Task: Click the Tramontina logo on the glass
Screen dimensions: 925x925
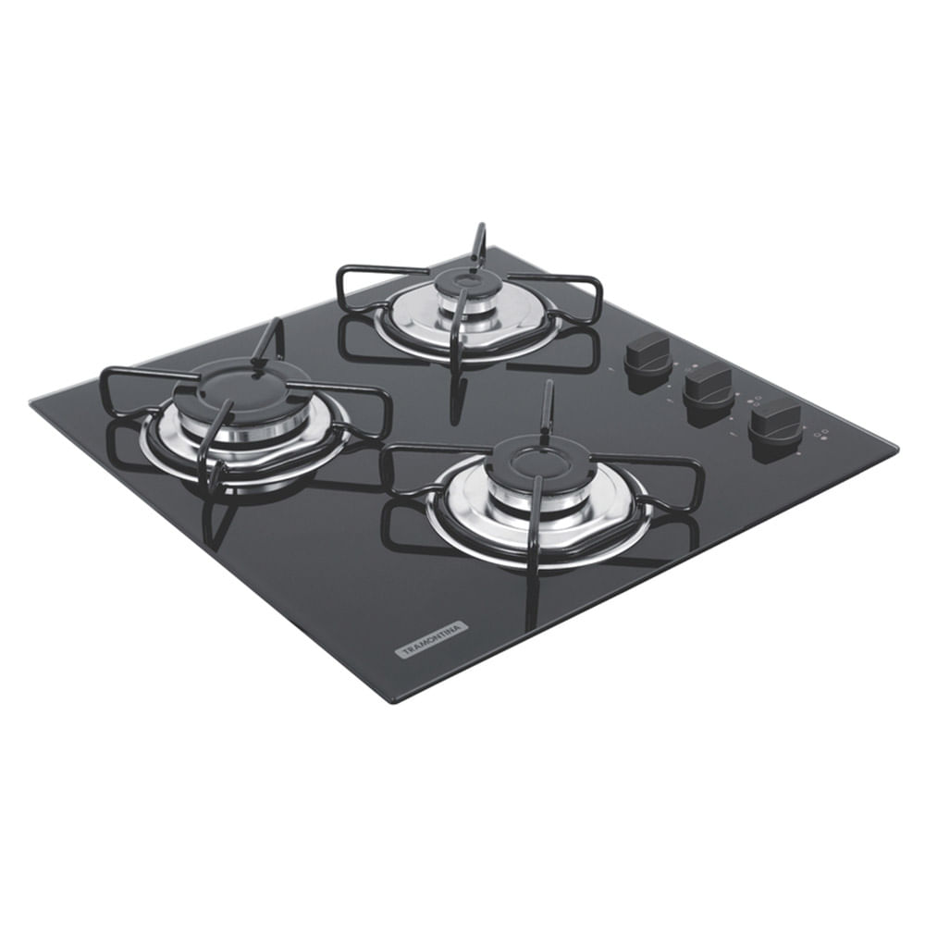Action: click(x=432, y=639)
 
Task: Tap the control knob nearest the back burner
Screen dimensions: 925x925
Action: click(x=647, y=351)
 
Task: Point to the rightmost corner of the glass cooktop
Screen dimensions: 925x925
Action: click(x=896, y=449)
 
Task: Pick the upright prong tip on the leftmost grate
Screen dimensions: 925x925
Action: click(x=275, y=324)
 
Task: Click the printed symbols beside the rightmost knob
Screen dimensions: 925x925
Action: click(x=820, y=436)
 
